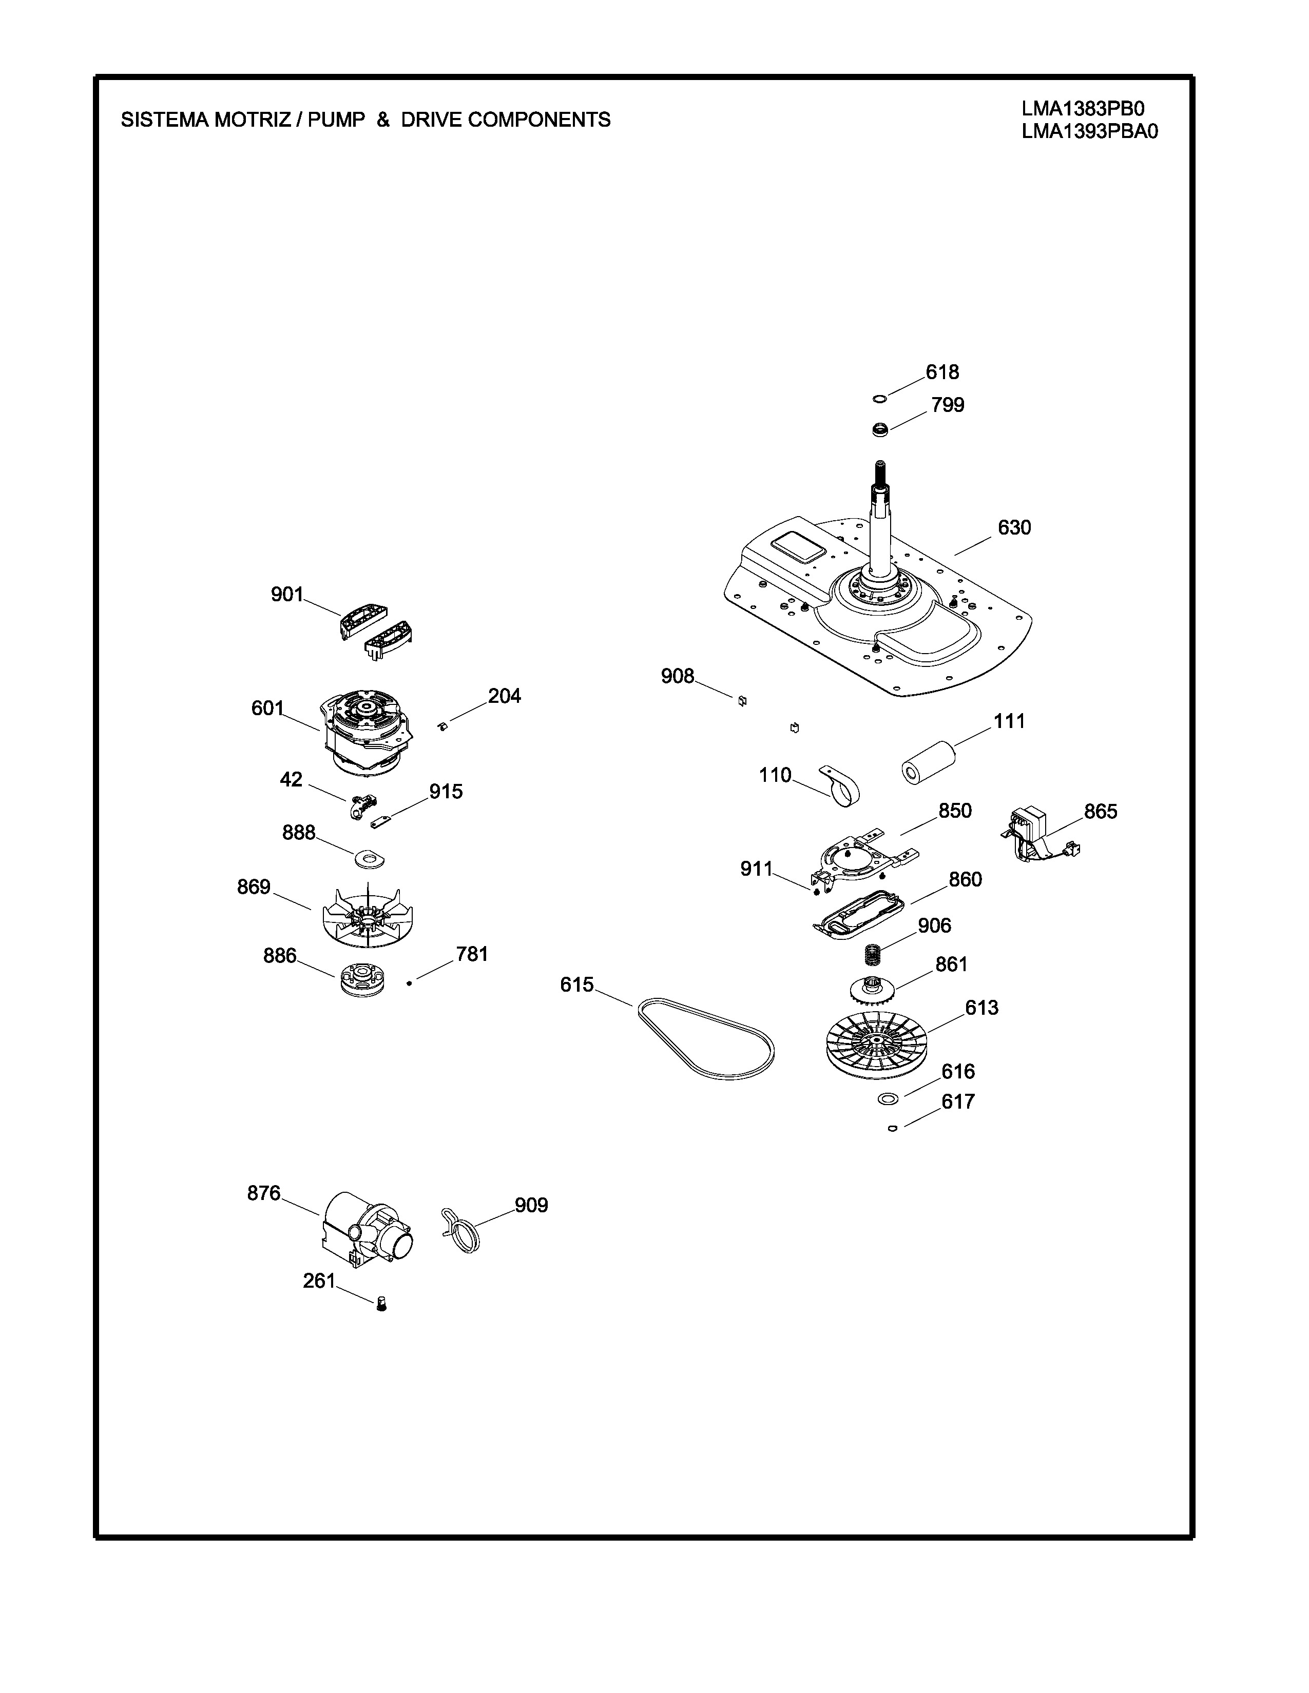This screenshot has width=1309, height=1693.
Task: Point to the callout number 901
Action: pyautogui.click(x=287, y=595)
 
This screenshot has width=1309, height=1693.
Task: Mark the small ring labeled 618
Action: pyautogui.click(x=879, y=399)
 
